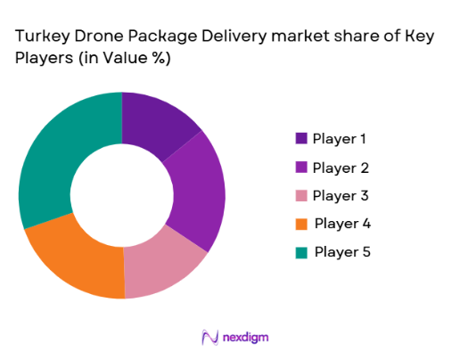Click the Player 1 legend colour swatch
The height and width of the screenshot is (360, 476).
point(301,138)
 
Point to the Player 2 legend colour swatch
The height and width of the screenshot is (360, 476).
point(301,167)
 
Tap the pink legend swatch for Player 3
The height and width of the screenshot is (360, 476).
point(301,195)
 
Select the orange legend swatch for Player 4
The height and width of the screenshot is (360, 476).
point(301,223)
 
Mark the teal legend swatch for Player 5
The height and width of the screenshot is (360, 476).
point(301,251)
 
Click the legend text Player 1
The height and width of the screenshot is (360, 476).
point(340,138)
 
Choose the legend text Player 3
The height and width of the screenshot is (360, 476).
point(340,195)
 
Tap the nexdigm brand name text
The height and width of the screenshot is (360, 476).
point(247,337)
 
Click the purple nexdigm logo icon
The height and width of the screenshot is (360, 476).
point(210,337)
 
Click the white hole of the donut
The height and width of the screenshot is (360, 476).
point(122,194)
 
